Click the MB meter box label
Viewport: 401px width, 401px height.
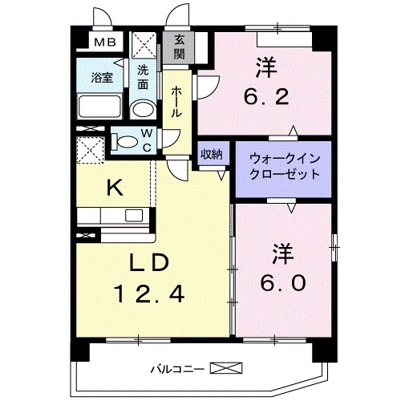[x=104, y=43]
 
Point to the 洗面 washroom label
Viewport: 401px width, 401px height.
[x=143, y=75]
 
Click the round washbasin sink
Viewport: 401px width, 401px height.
[x=142, y=110]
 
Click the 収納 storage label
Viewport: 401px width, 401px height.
[x=213, y=155]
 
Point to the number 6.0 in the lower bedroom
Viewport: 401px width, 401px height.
[x=282, y=285]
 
